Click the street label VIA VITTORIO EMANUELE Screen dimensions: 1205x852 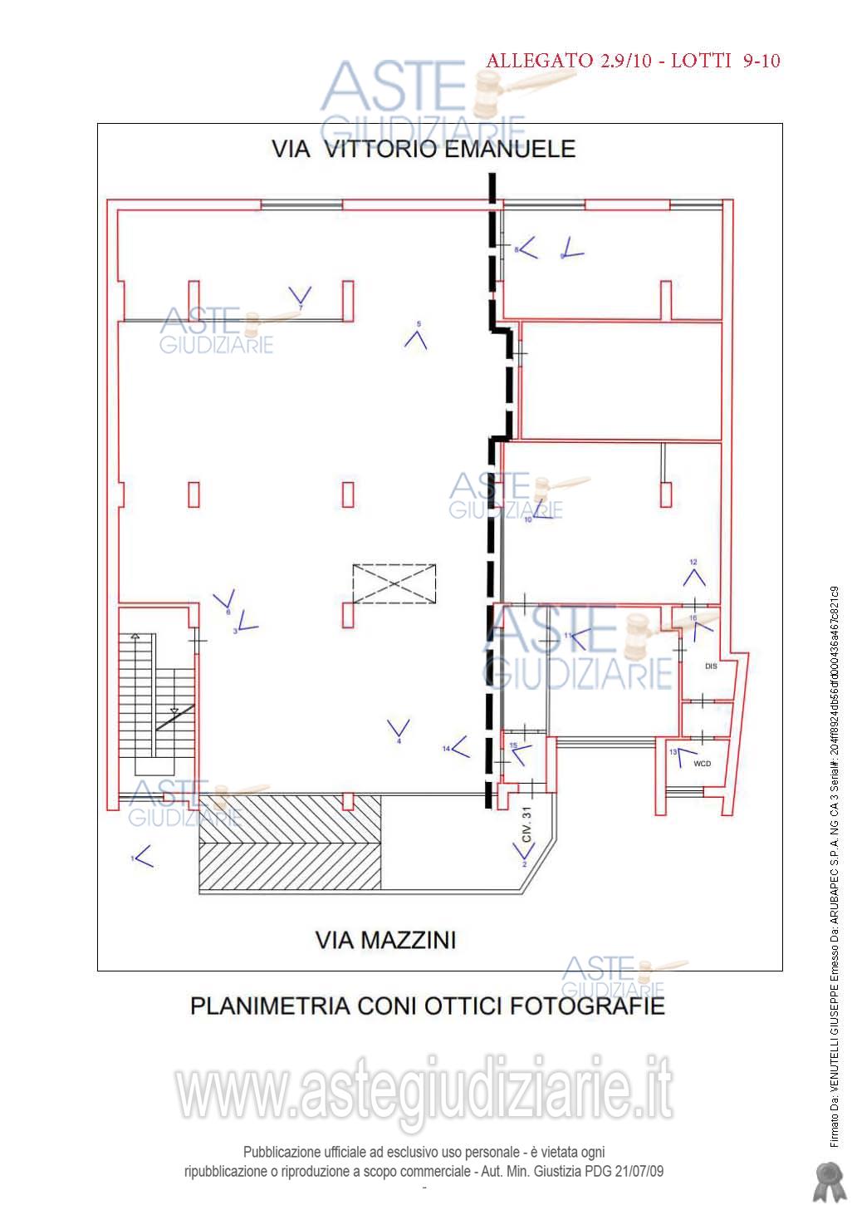[424, 150]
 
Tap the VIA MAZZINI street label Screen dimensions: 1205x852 [385, 940]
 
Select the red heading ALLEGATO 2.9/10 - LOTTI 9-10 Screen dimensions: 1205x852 [633, 61]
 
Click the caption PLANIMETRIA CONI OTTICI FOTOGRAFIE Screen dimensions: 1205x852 [428, 1006]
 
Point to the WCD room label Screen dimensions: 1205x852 [702, 764]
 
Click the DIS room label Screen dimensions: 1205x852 [710, 666]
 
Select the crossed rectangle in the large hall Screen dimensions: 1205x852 [394, 583]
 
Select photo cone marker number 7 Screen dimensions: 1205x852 [300, 296]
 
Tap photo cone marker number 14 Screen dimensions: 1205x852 [458, 747]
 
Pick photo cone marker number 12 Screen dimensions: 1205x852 [694, 574]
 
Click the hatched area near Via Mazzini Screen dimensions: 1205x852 [290, 843]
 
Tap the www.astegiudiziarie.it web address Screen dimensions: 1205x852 [424, 1092]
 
